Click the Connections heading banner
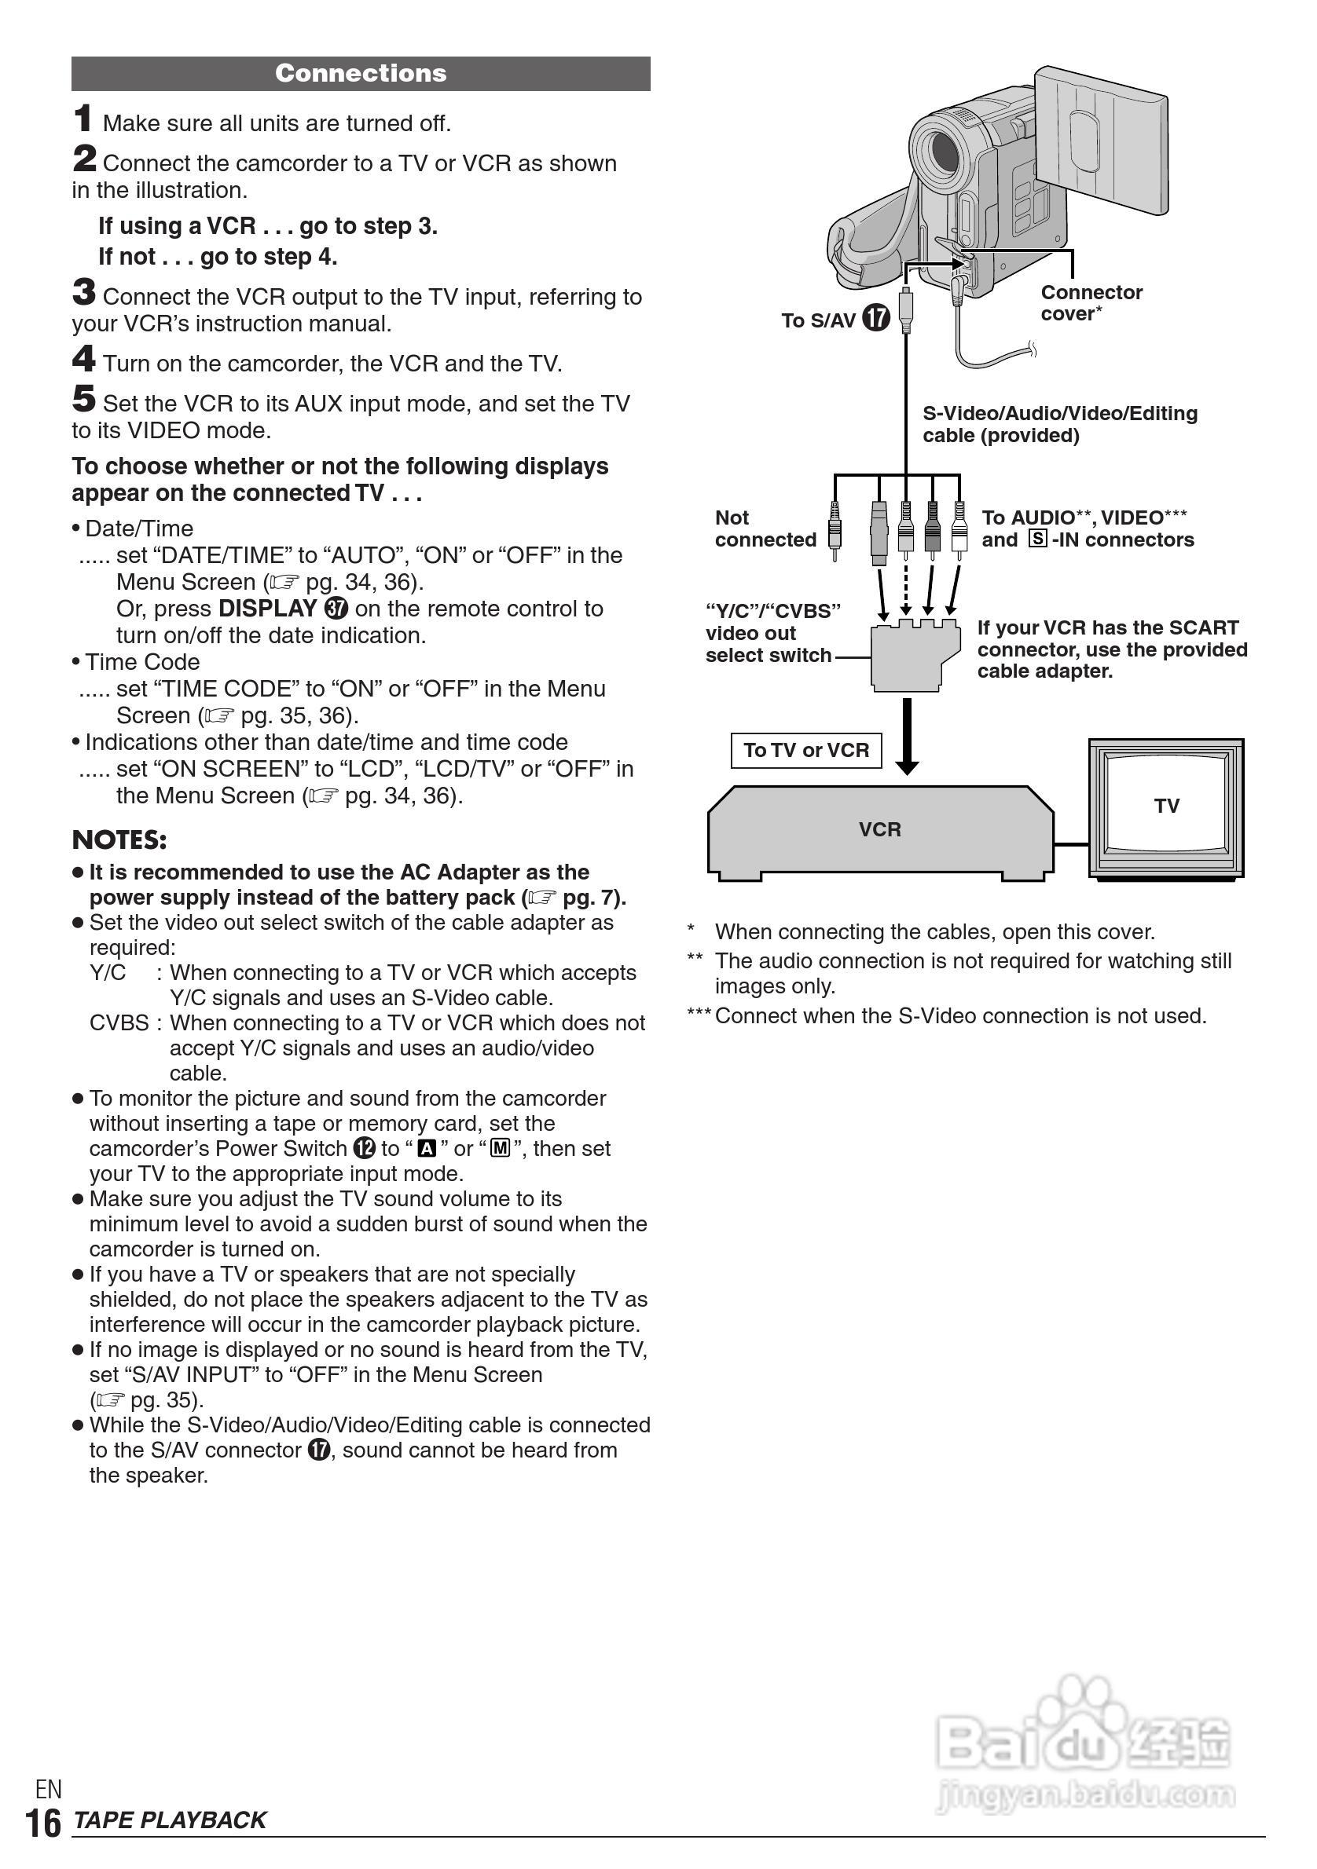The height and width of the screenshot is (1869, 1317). [361, 73]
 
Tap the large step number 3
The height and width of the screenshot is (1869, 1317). [84, 291]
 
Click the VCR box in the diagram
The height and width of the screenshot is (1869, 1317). [879, 830]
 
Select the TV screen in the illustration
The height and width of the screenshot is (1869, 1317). [1165, 805]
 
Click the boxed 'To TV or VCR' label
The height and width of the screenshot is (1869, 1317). [805, 750]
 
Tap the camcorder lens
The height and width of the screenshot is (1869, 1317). [946, 152]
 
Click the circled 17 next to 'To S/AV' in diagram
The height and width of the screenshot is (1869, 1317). [875, 317]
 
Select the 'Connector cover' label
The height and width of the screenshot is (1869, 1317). [1091, 303]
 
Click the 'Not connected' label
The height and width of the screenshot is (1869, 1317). [765, 529]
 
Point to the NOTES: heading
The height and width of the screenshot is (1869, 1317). [119, 839]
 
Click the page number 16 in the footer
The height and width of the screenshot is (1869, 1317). [43, 1823]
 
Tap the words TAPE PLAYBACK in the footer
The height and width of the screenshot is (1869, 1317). [170, 1820]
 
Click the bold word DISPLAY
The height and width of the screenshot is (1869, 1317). [267, 608]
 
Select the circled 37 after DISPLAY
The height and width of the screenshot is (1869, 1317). [336, 608]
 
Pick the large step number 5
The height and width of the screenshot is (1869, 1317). [84, 399]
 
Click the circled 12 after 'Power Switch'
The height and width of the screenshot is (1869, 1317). [364, 1148]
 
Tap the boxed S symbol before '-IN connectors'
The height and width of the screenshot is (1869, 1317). [1036, 539]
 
